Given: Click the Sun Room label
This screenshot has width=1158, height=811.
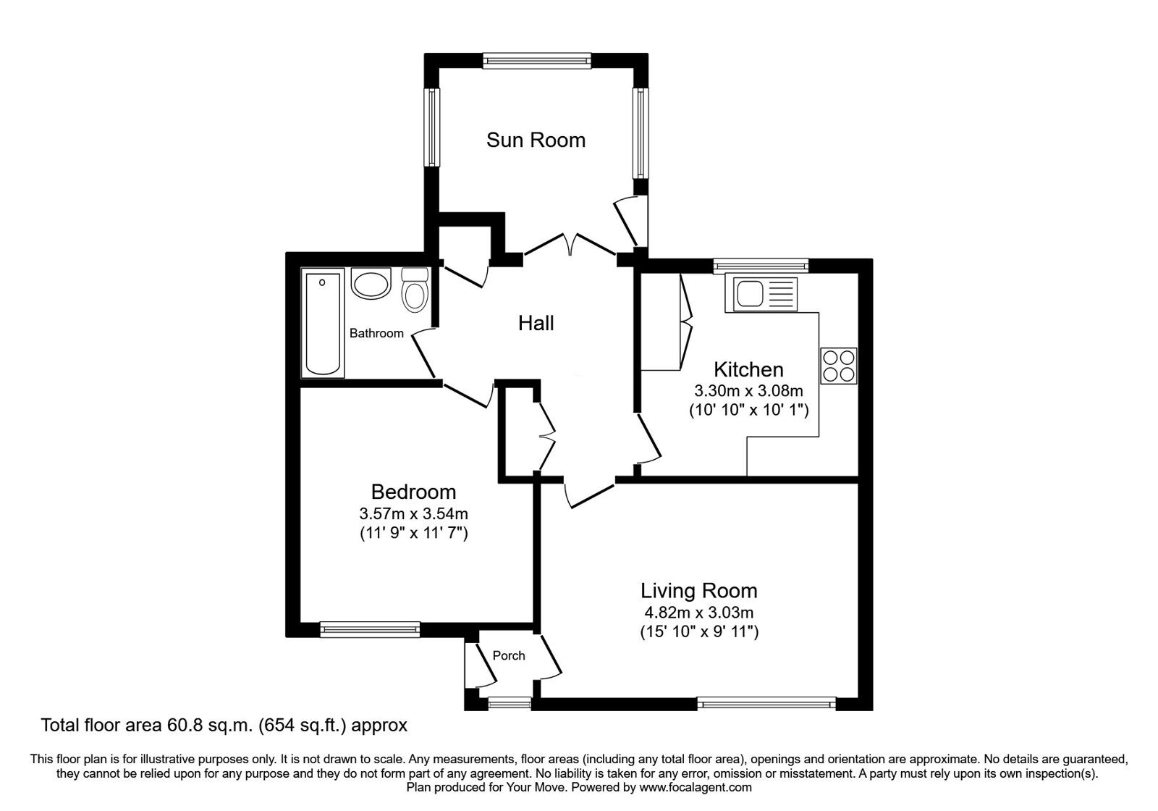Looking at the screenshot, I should point(536,140).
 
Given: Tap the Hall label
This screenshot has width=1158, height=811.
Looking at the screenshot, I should point(536,323).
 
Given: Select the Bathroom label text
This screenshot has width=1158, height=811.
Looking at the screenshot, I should point(376,333).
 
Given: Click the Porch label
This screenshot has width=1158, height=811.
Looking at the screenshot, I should point(509,655).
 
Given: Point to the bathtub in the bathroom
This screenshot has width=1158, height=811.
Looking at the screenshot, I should point(324,324).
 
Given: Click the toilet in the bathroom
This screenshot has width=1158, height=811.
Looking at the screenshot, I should point(415,291).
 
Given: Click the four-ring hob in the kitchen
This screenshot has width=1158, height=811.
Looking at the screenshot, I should point(839,366).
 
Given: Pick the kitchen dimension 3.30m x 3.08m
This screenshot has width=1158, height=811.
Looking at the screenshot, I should point(748,391).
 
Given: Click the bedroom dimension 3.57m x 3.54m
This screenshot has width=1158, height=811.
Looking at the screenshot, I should point(413,514).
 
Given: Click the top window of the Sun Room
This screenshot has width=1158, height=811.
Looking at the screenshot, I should point(537,62).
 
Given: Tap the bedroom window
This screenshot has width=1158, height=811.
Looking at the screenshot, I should point(370,630).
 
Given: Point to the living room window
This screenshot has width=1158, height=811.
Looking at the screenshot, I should point(766,702).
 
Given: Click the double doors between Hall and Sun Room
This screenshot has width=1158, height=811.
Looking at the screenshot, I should point(570,244).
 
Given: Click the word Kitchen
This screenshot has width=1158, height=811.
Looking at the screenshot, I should point(748,369).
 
